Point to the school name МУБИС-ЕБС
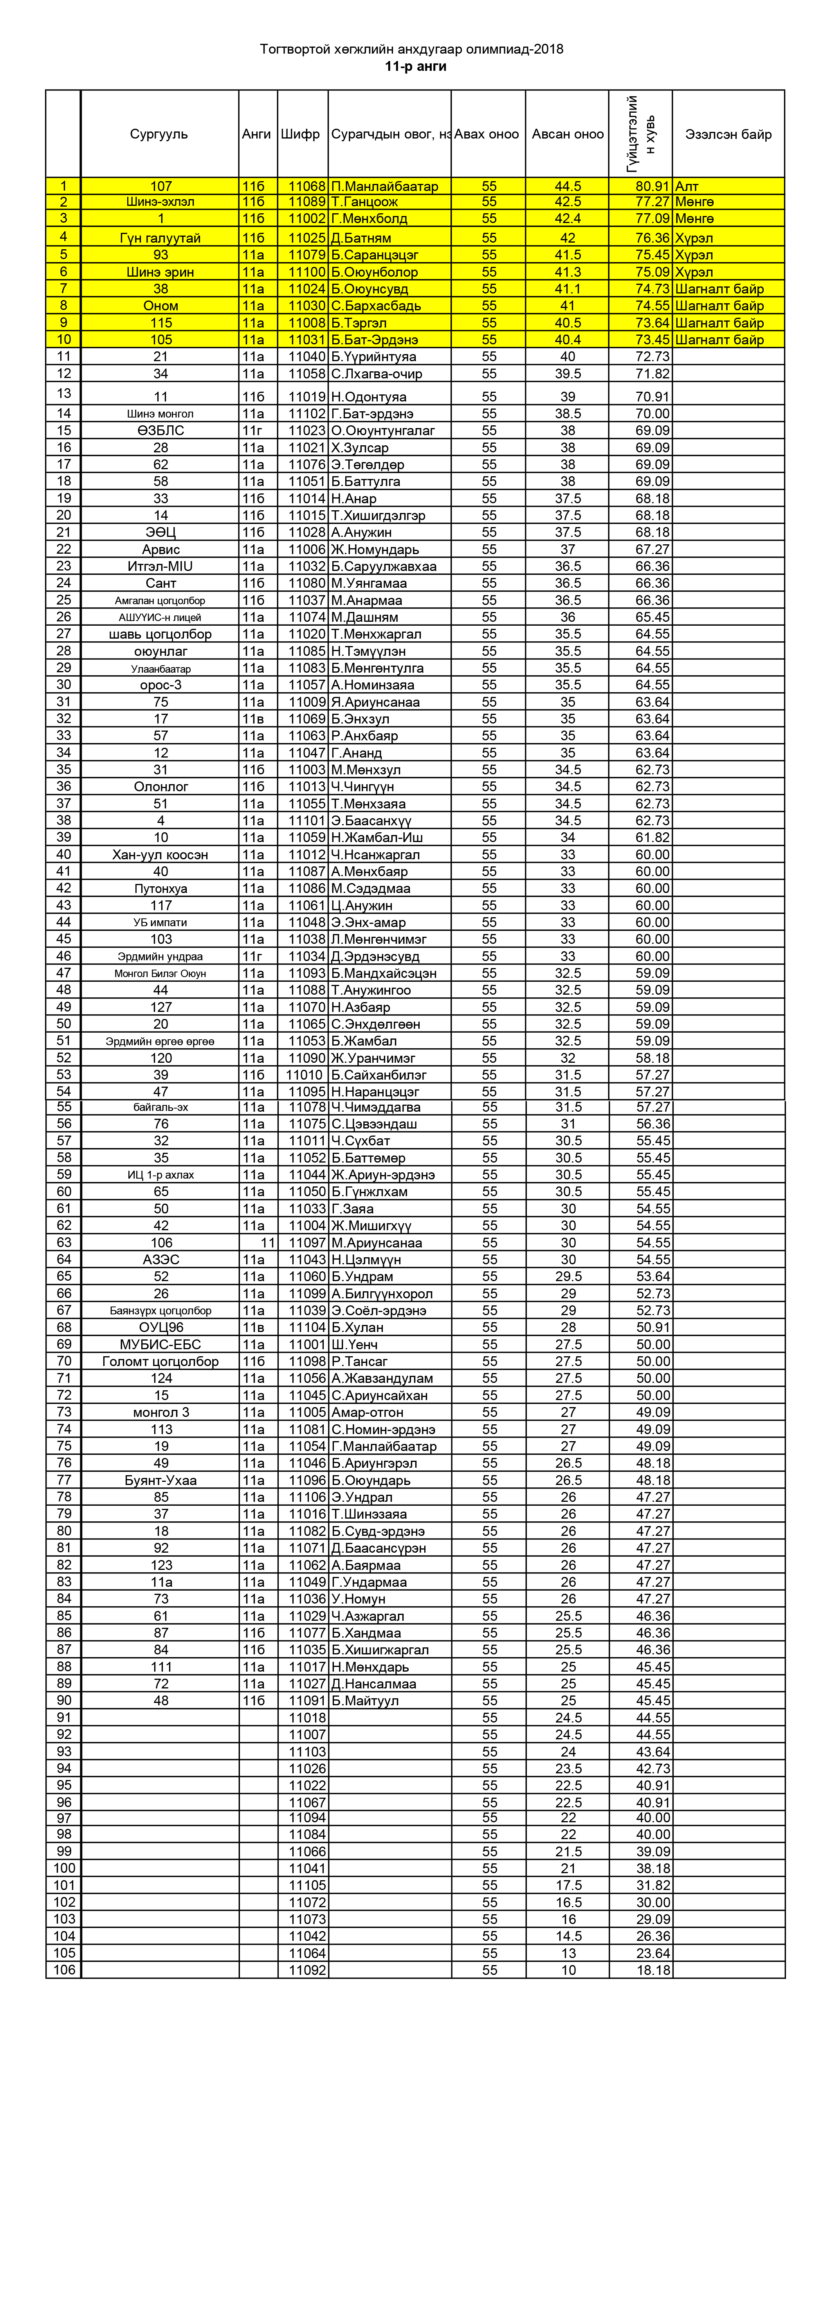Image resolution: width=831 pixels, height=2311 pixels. point(160,1344)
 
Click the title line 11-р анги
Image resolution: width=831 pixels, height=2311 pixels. point(416,67)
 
